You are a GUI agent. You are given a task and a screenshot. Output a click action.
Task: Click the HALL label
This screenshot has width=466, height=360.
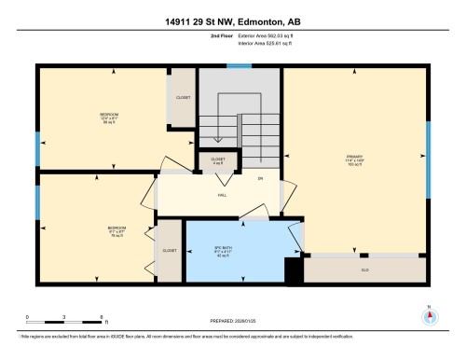(x=223, y=195)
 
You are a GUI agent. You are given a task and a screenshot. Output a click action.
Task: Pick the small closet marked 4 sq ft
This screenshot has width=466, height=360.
(x=217, y=161)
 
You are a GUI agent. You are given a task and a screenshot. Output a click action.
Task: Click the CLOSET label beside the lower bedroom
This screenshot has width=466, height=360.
(x=170, y=251)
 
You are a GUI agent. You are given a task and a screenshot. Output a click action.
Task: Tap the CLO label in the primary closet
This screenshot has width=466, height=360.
(x=364, y=270)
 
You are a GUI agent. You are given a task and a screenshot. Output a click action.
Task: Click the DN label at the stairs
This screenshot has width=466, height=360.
(x=261, y=177)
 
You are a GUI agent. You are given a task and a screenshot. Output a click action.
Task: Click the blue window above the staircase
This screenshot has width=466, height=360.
(x=240, y=65)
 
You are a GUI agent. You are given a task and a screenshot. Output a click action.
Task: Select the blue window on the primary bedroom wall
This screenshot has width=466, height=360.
(x=428, y=154)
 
